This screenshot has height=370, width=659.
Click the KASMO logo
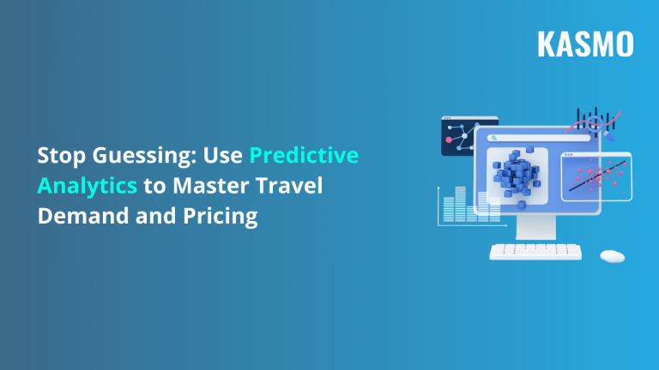pyautogui.click(x=585, y=44)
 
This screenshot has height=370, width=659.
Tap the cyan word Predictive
pyautogui.click(x=304, y=157)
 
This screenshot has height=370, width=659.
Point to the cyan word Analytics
pyautogui.click(x=87, y=187)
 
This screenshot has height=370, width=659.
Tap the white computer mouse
pyautogui.click(x=612, y=255)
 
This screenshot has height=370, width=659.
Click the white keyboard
pyautogui.click(x=535, y=252)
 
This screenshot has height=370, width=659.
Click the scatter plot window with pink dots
pyautogui.click(x=596, y=176)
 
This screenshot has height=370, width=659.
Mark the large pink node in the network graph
pyautogui.click(x=448, y=138)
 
